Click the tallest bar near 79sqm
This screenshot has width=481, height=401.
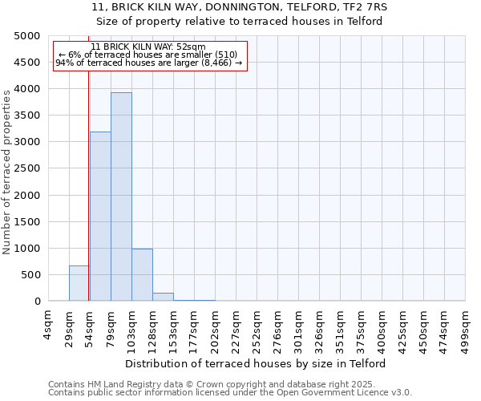click(121, 196)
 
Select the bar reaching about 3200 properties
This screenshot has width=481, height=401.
click(100, 217)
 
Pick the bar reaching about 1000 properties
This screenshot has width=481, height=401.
click(142, 275)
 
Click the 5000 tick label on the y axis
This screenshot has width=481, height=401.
click(26, 36)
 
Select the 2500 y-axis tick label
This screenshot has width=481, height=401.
click(26, 168)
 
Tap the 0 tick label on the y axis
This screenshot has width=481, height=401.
click(36, 302)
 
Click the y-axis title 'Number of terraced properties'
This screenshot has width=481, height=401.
click(7, 172)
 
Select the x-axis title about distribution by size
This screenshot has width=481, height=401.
click(257, 363)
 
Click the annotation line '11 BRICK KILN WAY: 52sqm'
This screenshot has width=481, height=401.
click(148, 47)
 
